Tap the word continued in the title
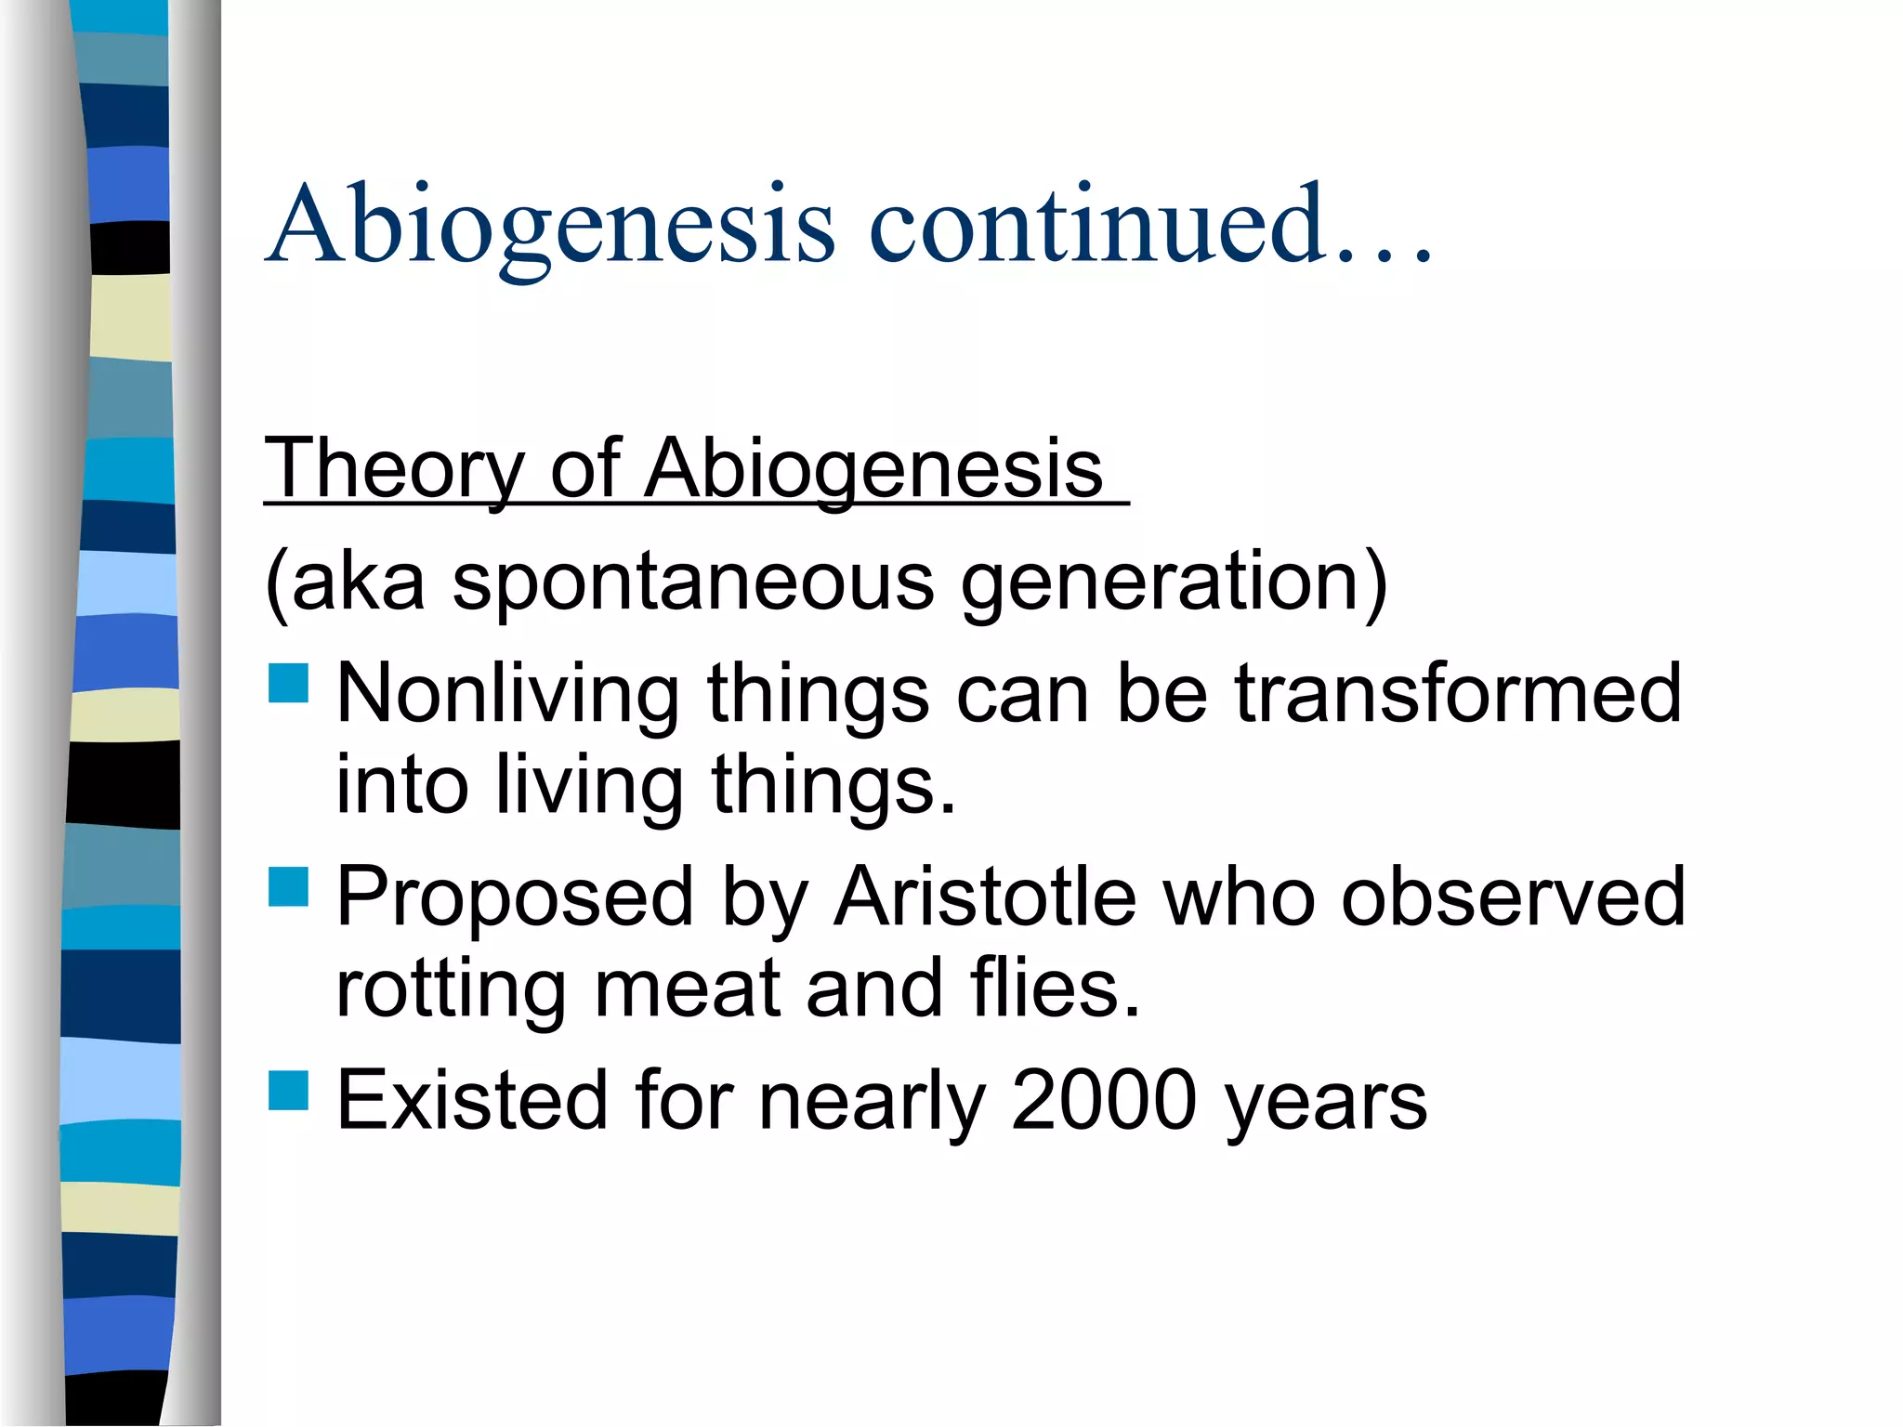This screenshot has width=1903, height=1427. (x=1096, y=226)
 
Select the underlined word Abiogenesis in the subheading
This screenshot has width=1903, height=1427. (x=873, y=469)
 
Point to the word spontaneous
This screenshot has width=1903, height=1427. (x=693, y=582)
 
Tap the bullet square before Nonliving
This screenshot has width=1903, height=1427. (x=288, y=683)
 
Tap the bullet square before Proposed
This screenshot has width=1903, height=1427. (x=288, y=886)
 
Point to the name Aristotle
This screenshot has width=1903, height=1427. (x=985, y=897)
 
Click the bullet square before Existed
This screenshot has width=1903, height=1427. (x=288, y=1091)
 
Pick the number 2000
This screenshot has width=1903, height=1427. (x=1103, y=1101)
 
